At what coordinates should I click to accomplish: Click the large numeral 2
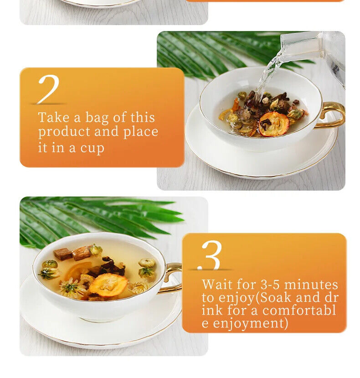point(49,89)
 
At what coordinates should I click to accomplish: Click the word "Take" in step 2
point(54,118)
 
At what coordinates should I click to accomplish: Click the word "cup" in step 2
point(92,148)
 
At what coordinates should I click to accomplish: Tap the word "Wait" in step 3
point(217,285)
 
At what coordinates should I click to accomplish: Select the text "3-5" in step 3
point(270,285)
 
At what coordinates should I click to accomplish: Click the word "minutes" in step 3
point(311,285)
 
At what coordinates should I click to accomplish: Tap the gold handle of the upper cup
point(333,114)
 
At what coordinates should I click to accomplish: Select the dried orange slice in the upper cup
point(274,124)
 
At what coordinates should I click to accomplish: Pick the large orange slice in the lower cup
point(108,285)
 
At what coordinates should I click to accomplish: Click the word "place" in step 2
point(141,132)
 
